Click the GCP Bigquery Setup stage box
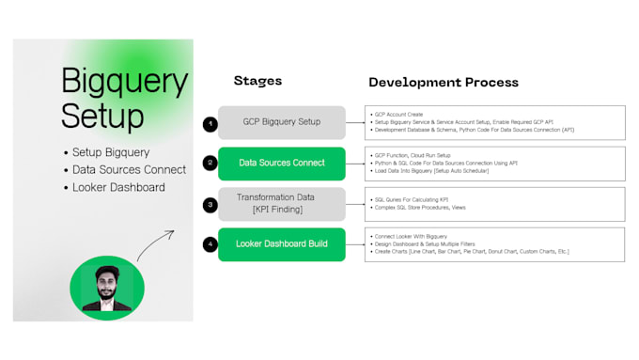point(281,122)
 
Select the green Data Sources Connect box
point(281,163)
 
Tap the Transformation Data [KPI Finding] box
point(281,204)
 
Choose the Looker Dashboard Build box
point(281,244)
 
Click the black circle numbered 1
point(210,123)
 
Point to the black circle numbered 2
point(210,164)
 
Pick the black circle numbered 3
point(210,204)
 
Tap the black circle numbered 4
point(210,244)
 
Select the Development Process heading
point(443,83)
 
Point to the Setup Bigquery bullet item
point(111,152)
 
